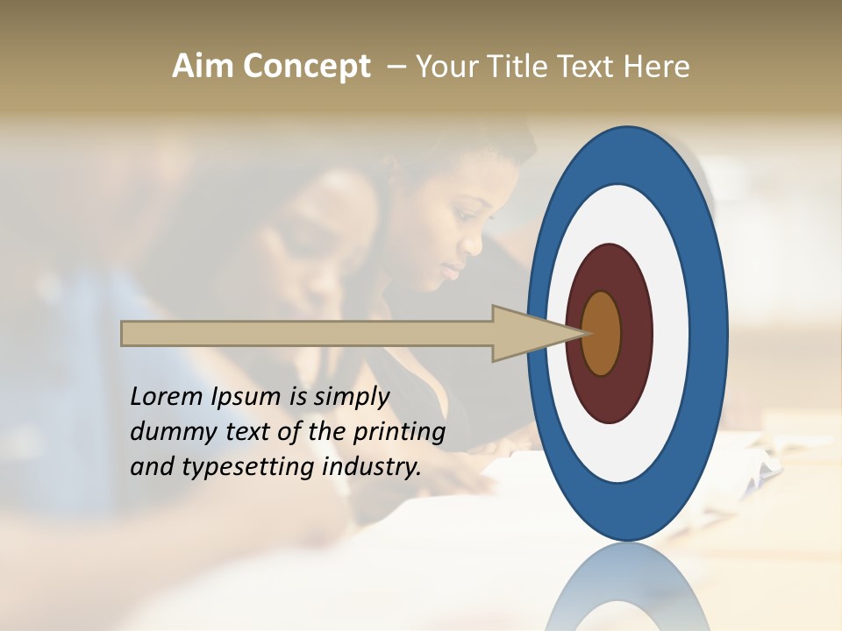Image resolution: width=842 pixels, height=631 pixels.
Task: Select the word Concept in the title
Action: [306, 67]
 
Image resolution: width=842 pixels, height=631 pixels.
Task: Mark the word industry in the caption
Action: [373, 467]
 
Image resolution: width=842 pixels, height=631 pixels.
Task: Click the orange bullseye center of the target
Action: [602, 333]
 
